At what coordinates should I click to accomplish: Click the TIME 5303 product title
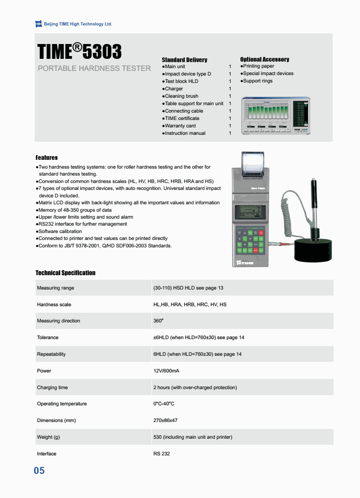click(x=79, y=51)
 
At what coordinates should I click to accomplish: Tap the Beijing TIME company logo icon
click(x=38, y=24)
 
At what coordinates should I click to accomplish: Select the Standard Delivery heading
click(x=184, y=60)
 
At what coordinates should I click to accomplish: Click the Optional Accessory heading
click(x=265, y=59)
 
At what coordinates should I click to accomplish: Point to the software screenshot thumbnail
click(x=276, y=116)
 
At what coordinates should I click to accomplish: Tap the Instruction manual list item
click(x=185, y=133)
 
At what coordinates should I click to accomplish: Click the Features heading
click(x=47, y=158)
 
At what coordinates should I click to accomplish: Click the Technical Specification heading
click(x=65, y=273)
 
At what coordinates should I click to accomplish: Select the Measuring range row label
click(x=56, y=288)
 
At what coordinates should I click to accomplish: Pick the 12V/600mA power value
click(x=166, y=371)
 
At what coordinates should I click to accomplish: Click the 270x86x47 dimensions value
click(x=165, y=421)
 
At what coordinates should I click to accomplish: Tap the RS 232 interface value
click(x=162, y=454)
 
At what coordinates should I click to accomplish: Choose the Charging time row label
click(x=52, y=387)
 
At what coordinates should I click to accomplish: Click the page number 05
click(x=39, y=471)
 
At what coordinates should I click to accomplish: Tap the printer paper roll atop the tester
click(x=252, y=163)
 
